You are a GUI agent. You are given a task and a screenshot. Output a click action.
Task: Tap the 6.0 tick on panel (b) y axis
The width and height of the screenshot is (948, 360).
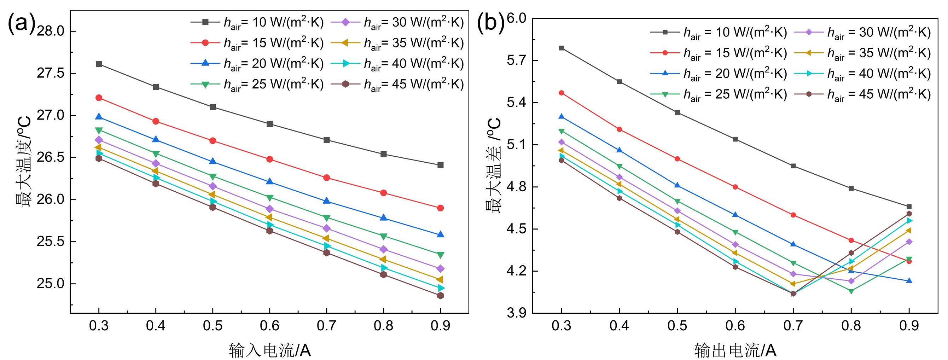click(517, 18)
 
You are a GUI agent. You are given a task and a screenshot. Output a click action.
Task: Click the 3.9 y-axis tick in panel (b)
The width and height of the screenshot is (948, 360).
click(517, 314)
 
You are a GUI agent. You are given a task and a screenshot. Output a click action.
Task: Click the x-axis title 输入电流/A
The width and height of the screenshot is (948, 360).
click(269, 350)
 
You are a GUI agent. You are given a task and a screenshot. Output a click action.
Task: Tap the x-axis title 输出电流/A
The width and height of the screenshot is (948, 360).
click(735, 350)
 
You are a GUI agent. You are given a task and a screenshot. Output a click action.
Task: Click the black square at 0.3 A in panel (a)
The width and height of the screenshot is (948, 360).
click(99, 64)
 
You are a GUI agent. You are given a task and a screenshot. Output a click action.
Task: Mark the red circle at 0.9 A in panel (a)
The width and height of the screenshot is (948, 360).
click(440, 208)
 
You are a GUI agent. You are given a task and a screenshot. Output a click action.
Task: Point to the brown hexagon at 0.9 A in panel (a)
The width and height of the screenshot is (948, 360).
click(440, 296)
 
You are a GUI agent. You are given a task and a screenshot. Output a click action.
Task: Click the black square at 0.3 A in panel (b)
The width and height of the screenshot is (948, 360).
click(562, 48)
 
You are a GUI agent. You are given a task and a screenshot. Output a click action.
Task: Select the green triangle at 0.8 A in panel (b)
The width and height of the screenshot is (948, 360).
click(851, 291)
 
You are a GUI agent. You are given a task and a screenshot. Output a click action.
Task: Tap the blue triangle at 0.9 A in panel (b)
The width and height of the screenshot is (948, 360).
click(909, 281)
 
